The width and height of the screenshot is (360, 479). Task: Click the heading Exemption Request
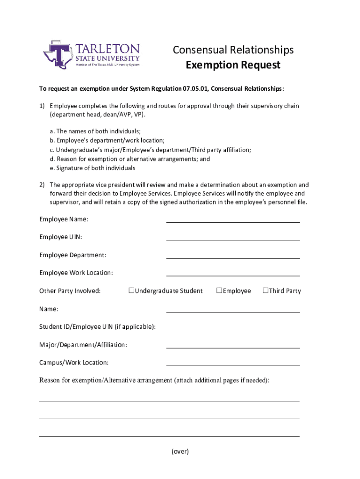click(x=233, y=65)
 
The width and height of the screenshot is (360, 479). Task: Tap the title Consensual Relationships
click(x=233, y=50)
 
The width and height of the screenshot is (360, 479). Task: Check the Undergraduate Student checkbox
click(x=131, y=290)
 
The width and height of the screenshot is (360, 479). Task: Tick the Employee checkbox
click(x=219, y=290)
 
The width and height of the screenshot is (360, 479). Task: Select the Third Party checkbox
click(x=265, y=290)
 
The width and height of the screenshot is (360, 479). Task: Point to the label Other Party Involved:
click(x=70, y=291)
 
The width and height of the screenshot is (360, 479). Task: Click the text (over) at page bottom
click(x=180, y=451)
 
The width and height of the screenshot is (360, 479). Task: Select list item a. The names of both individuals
click(x=95, y=131)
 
